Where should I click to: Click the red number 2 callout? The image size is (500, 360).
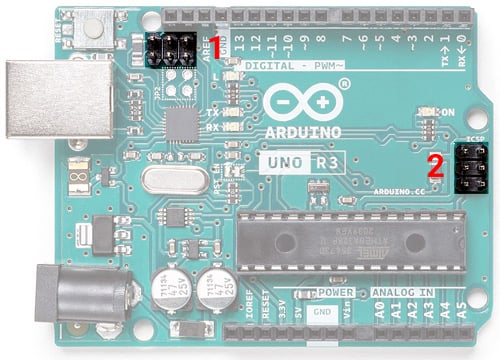[x=436, y=165]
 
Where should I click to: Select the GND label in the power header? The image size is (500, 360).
[x=322, y=311]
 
